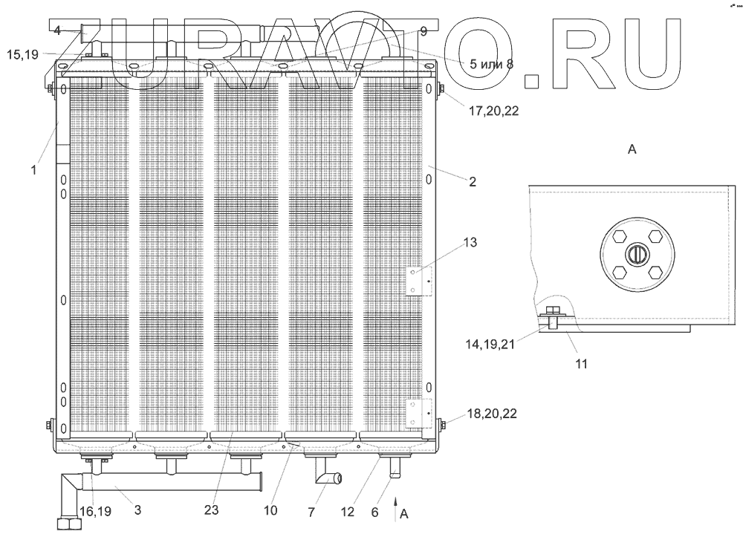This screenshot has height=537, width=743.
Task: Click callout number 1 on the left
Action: [33, 170]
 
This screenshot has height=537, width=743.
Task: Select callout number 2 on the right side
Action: [472, 180]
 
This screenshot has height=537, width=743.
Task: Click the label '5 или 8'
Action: [491, 64]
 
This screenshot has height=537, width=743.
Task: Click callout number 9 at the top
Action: [424, 31]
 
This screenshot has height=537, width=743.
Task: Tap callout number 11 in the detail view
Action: [581, 364]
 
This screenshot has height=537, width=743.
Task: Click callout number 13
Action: [470, 243]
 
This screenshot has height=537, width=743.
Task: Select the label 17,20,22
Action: [493, 112]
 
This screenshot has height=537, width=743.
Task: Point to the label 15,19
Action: [24, 54]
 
